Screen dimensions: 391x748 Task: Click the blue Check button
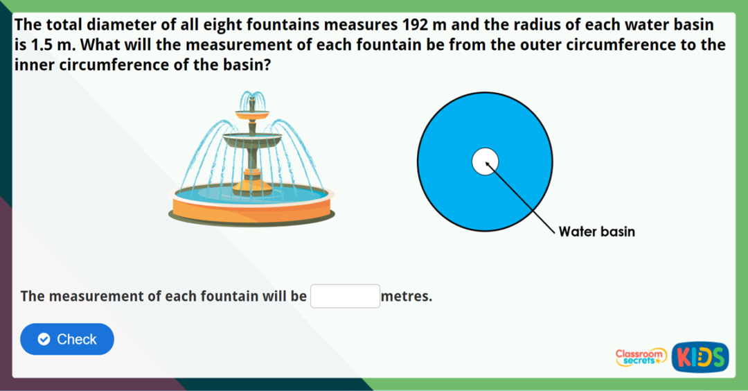67,339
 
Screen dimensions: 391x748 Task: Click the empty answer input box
345,296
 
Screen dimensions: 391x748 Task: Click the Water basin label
596,232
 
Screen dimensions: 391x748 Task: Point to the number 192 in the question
414,26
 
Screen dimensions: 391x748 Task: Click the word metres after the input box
407,297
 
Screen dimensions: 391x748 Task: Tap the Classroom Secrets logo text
641,356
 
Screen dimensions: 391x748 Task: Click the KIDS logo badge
700,357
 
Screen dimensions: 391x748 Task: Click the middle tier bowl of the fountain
252,141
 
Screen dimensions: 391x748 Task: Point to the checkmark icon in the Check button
44,340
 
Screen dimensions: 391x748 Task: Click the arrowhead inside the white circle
488,164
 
